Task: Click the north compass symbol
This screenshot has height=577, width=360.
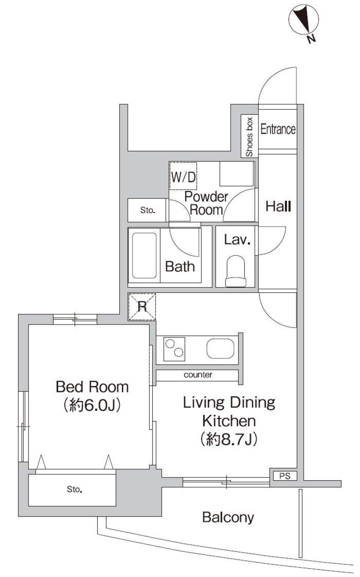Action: pyautogui.click(x=303, y=20)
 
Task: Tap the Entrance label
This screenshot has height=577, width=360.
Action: pyautogui.click(x=278, y=129)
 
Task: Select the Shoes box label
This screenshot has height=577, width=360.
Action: pyautogui.click(x=249, y=137)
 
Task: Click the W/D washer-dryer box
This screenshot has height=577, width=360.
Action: pyautogui.click(x=183, y=176)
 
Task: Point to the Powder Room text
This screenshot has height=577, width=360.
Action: pyautogui.click(x=206, y=203)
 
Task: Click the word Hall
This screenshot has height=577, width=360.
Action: pyautogui.click(x=278, y=206)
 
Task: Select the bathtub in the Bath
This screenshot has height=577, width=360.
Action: pyautogui.click(x=144, y=256)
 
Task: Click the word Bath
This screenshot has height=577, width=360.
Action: pyautogui.click(x=180, y=267)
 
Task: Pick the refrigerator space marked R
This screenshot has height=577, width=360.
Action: pyautogui.click(x=142, y=307)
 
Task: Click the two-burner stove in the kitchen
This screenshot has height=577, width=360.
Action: pyautogui.click(x=174, y=349)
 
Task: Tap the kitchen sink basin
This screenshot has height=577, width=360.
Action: pyautogui.click(x=220, y=349)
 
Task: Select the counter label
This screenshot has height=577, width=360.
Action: pyautogui.click(x=198, y=375)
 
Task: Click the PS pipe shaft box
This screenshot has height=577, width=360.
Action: pyautogui.click(x=284, y=476)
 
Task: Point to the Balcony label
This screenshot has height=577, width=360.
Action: pyautogui.click(x=228, y=517)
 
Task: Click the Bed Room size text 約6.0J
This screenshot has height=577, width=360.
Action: pyautogui.click(x=92, y=405)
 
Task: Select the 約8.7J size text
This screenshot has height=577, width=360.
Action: pyautogui.click(x=229, y=439)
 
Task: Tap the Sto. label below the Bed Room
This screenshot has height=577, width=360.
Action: pyautogui.click(x=74, y=489)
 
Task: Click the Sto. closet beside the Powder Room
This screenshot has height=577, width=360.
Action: pyautogui.click(x=147, y=210)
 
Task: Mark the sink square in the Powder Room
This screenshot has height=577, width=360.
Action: pyautogui.click(x=236, y=174)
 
